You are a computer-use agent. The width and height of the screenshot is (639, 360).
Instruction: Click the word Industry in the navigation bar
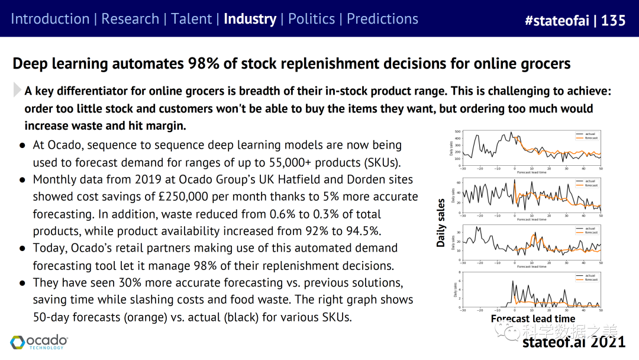(250, 19)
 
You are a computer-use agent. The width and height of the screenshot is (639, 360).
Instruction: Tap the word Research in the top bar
(130, 19)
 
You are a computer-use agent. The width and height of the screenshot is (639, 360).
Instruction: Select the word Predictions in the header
(382, 19)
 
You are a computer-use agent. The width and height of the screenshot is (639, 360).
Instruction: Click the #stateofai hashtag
(556, 21)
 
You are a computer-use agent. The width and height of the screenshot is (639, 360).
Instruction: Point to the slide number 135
(613, 21)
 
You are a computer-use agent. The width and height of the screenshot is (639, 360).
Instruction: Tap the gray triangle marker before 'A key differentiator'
(17, 90)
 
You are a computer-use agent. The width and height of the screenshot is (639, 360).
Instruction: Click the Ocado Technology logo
(39, 342)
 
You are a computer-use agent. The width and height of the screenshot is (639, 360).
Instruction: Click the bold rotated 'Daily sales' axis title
(441, 223)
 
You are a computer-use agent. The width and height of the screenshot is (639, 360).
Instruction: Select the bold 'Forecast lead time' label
(532, 319)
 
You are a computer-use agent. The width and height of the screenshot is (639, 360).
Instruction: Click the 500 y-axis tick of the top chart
(457, 131)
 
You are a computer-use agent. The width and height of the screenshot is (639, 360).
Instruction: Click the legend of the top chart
(587, 136)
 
